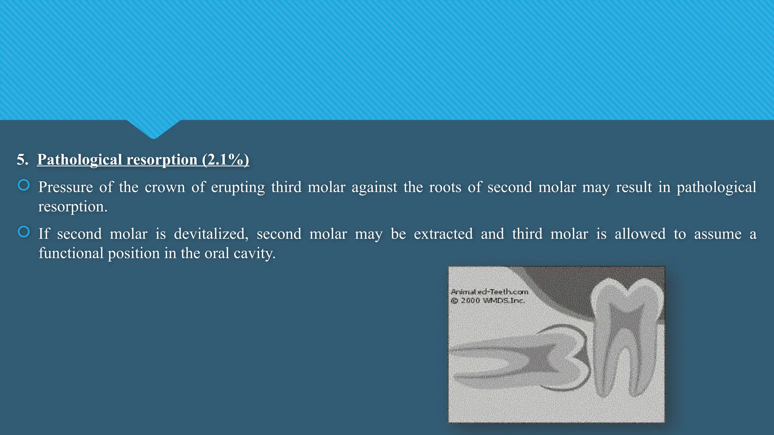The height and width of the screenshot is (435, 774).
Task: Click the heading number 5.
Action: pyautogui.click(x=22, y=160)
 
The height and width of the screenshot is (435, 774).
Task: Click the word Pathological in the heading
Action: pyautogui.click(x=79, y=160)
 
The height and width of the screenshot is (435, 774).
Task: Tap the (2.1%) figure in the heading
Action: pyautogui.click(x=225, y=160)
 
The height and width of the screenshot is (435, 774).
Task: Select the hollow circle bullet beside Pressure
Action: pyautogui.click(x=24, y=185)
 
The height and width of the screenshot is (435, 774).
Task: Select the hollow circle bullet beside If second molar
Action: pyautogui.click(x=24, y=232)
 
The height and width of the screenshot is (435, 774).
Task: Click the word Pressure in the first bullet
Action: pyautogui.click(x=65, y=187)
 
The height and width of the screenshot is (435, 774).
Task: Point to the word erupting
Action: pyautogui.click(x=238, y=187)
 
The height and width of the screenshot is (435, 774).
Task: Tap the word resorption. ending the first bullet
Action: pyautogui.click(x=73, y=207)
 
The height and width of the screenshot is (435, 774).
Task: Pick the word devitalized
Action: pyautogui.click(x=211, y=234)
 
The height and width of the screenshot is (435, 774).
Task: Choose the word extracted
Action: pyautogui.click(x=443, y=234)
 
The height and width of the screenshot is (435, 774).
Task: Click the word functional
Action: pyautogui.click(x=71, y=253)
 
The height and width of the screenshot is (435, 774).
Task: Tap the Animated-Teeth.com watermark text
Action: pyautogui.click(x=489, y=292)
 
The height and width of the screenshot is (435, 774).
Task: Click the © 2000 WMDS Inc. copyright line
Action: pyautogui.click(x=488, y=301)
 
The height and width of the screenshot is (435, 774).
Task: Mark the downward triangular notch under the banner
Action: pyautogui.click(x=153, y=128)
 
